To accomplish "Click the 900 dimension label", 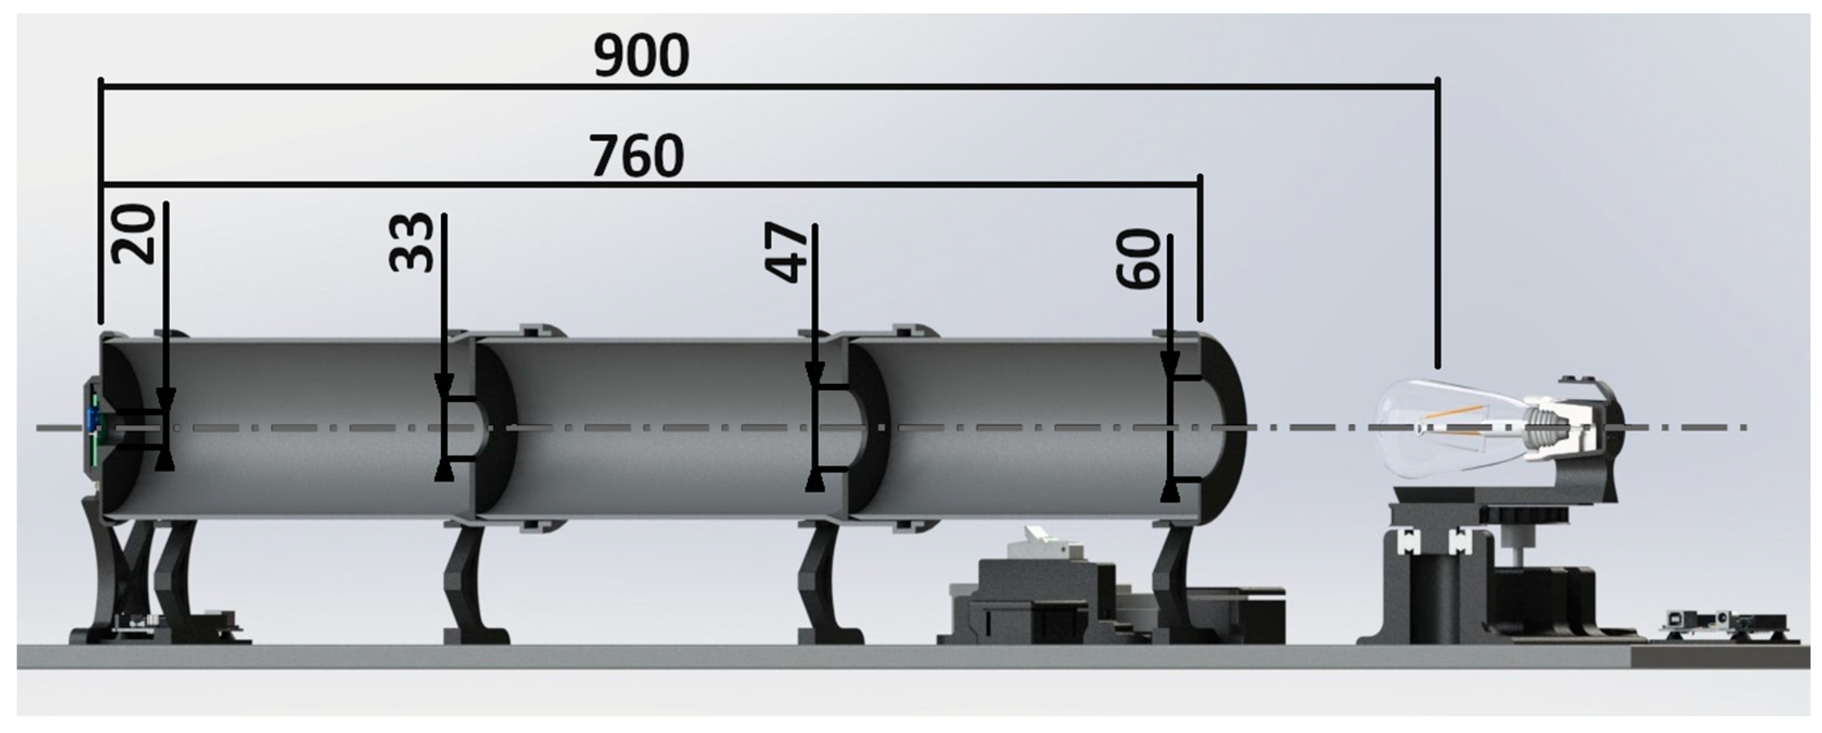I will coord(641,56).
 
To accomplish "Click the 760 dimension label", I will coord(638,156).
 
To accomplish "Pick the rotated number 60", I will coord(1139,259).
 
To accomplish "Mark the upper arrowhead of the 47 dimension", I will coord(815,373).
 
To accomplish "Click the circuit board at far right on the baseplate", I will coord(1726,625).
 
